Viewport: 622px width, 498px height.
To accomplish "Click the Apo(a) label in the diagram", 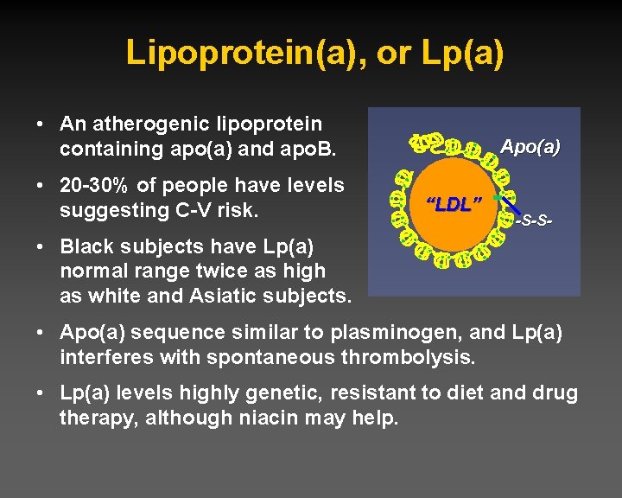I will (x=530, y=147).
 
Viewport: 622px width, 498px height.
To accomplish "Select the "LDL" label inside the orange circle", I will (x=454, y=205).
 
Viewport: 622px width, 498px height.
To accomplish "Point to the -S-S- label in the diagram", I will (x=533, y=222).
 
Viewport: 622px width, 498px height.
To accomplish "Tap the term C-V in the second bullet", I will (x=184, y=210).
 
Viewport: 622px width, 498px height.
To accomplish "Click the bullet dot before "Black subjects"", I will (x=41, y=246).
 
